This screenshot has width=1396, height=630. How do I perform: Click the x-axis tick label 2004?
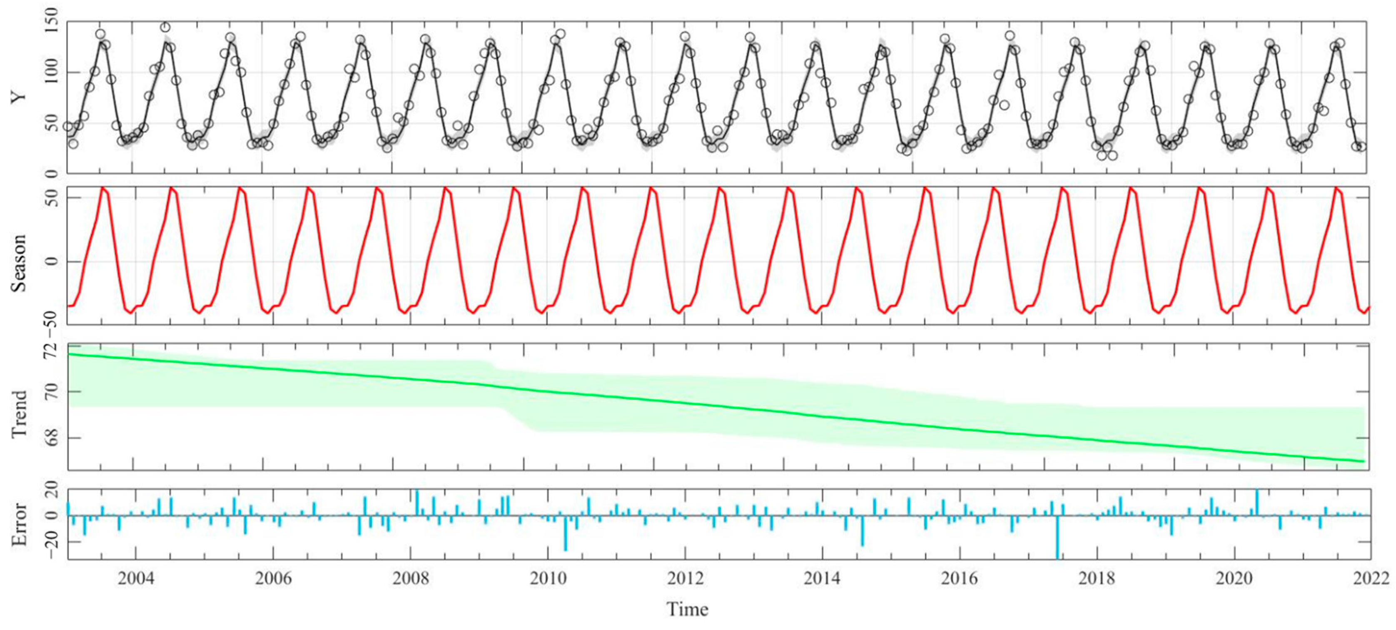tap(136, 578)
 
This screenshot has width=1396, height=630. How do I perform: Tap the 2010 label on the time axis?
tap(548, 578)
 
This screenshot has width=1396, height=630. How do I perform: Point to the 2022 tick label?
tap(1371, 578)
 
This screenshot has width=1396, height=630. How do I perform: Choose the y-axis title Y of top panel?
tap(20, 97)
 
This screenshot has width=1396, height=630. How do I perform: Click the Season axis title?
tap(20, 263)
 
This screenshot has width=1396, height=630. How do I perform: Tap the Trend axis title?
tap(20, 414)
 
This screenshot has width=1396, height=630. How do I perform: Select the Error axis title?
tap(20, 524)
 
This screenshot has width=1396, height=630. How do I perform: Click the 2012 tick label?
tap(685, 578)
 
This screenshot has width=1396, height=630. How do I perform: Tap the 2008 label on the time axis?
tap(411, 578)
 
